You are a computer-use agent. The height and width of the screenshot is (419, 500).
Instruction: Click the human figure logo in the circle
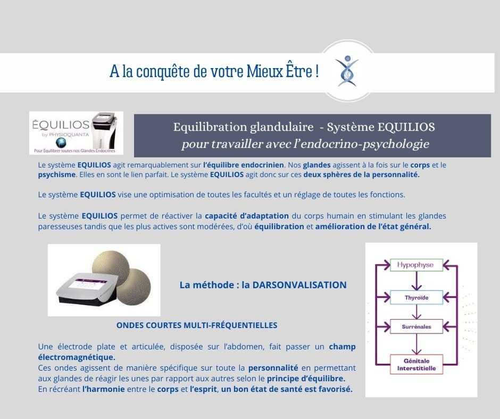[348, 71]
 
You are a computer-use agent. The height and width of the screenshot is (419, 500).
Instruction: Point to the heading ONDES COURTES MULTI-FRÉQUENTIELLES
[197, 325]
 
